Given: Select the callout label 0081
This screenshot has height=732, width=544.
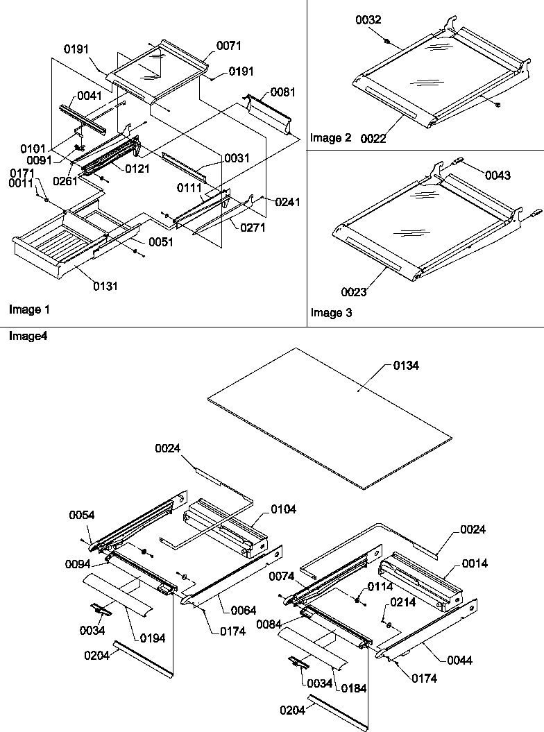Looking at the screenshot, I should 282,92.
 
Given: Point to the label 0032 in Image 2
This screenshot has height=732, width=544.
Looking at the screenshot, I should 368,22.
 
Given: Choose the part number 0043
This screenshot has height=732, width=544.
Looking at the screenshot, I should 498,176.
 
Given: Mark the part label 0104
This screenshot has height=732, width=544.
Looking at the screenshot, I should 283,509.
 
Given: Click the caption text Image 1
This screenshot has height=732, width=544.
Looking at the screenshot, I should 28,309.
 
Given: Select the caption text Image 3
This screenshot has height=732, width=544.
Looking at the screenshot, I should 331,313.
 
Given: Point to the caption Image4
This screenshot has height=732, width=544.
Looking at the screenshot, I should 27,336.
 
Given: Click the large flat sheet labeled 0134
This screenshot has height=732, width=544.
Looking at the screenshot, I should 326,416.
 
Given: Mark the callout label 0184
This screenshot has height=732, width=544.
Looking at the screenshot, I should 352,688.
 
